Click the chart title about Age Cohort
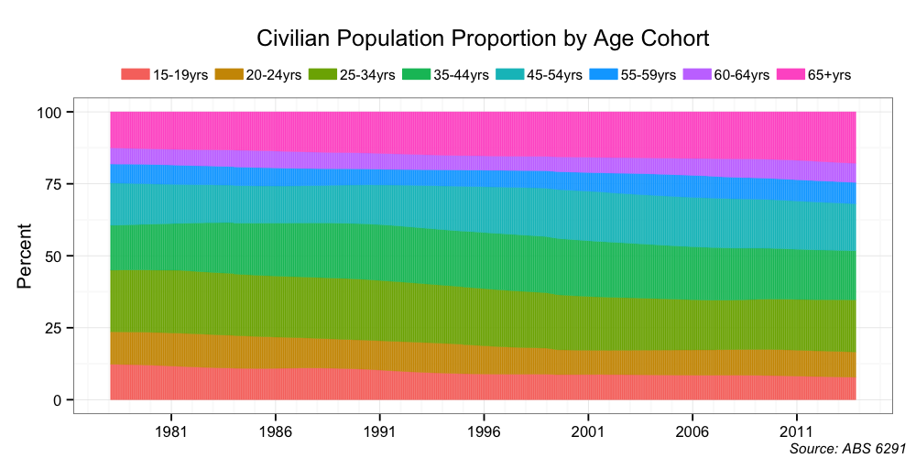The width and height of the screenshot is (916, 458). point(483,39)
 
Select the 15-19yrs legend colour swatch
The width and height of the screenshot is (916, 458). point(135,75)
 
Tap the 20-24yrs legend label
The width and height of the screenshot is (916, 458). point(274,75)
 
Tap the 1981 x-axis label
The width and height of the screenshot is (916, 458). point(171,431)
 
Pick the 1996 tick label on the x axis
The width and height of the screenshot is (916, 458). point(484,431)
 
